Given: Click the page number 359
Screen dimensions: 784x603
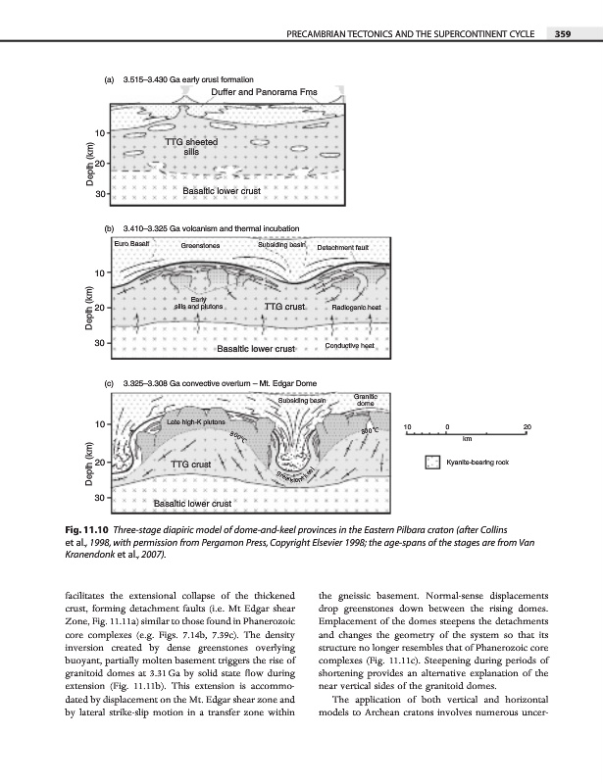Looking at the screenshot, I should (562, 34).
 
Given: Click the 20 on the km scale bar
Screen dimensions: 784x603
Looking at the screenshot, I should (527, 427).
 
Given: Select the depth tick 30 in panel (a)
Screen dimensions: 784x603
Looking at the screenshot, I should (100, 193).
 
